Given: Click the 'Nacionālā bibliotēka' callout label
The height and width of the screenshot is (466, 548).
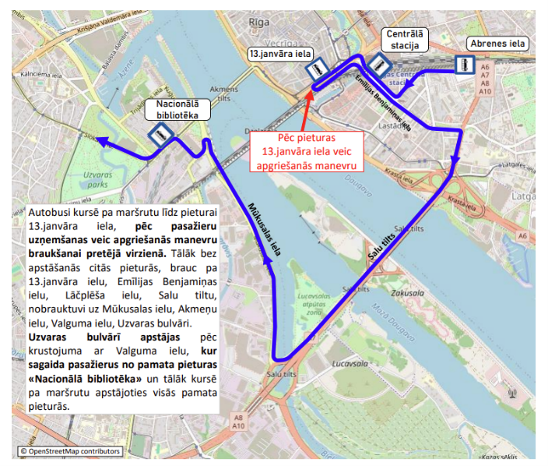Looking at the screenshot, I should click(x=177, y=108).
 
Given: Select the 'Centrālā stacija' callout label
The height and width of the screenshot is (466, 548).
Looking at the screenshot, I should click(x=405, y=40).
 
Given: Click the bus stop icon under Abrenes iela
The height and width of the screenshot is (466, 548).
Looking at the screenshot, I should click(x=463, y=65).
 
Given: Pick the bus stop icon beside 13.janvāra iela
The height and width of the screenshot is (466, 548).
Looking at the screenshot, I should click(x=317, y=70).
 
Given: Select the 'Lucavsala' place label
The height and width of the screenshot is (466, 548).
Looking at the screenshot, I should click(x=348, y=365).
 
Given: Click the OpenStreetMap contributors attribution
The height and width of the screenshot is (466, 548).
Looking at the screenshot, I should click(x=71, y=450).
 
